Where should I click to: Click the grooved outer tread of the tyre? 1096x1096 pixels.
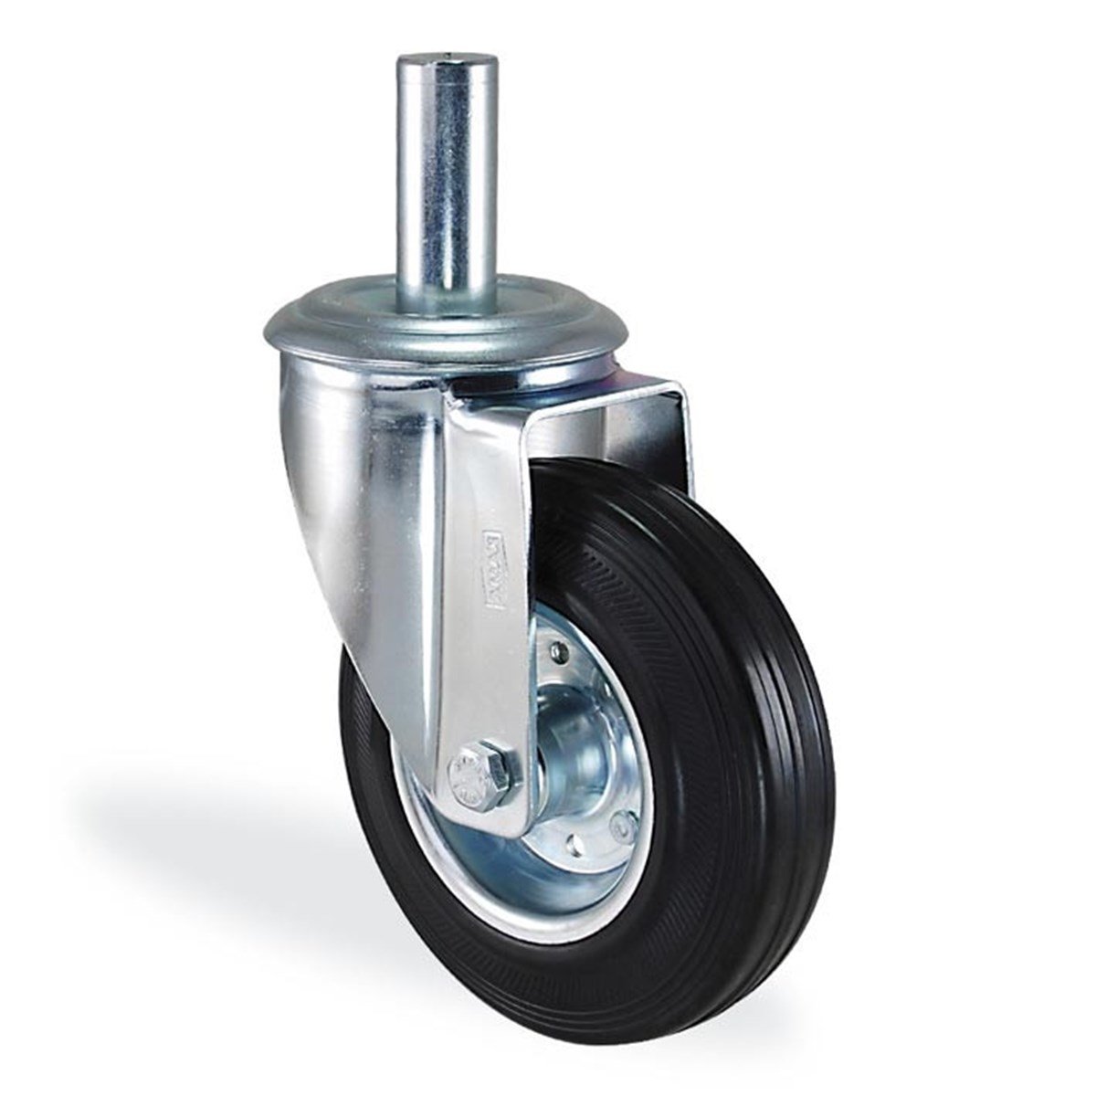785,731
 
